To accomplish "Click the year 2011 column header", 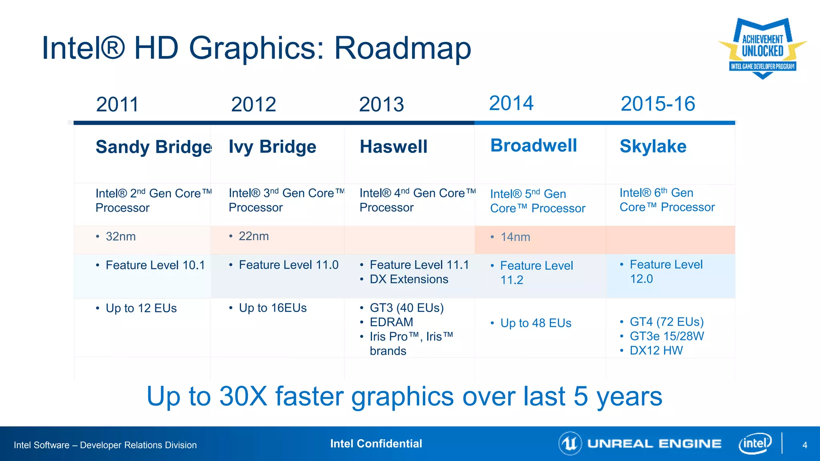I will tap(117, 104).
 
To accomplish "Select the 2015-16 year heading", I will tap(657, 104).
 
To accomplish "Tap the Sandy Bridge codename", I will tap(154, 147).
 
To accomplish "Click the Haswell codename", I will tap(394, 146).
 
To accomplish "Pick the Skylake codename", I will tap(653, 146).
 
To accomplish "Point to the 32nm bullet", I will tap(120, 237).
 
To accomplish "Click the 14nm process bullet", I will tap(515, 237).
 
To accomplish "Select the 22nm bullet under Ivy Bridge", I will tap(253, 236).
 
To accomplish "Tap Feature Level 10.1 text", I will tap(155, 265).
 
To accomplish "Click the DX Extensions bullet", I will tap(408, 279).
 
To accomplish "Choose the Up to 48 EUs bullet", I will tap(535, 323).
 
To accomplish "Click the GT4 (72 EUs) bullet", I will tap(666, 322).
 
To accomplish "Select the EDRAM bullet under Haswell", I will tap(391, 322).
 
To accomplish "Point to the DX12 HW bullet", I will tap(656, 351).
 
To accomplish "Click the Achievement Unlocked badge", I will tap(762, 48).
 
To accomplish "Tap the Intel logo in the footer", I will tap(755, 443).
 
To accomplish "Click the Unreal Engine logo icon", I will tap(570, 443).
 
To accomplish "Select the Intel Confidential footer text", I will tap(376, 443).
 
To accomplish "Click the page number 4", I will tap(805, 445).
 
